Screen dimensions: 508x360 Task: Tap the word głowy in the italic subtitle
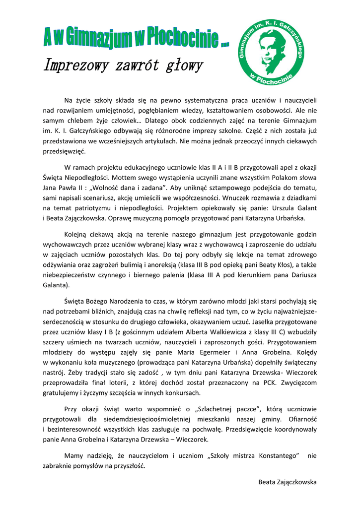(x=182, y=65)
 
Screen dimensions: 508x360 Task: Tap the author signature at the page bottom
(x=287, y=482)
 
